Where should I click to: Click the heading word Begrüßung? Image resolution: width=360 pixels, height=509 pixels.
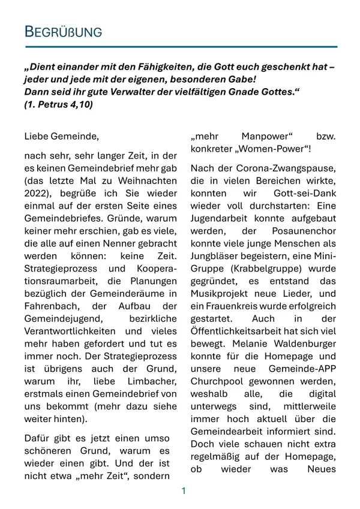click(63, 32)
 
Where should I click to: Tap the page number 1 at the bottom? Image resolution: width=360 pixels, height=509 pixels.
click(184, 491)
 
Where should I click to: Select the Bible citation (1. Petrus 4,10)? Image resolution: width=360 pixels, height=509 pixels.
click(59, 104)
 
